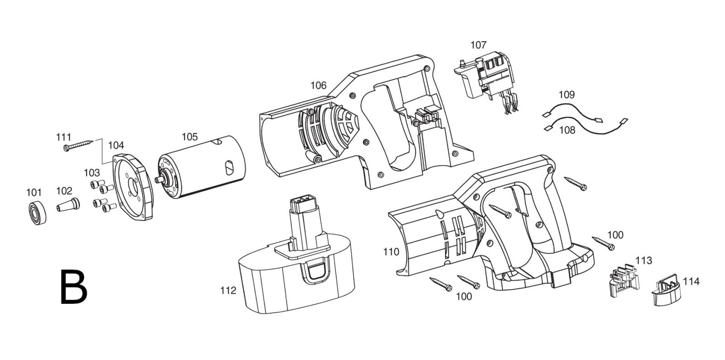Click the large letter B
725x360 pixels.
coord(73,287)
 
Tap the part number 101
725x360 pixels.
coord(34,193)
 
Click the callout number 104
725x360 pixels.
coord(116,146)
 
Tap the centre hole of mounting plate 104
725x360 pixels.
coord(132,186)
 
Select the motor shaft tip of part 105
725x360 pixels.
coord(158,180)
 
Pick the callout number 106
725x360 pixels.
coord(319,86)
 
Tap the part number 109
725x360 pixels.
coord(567,95)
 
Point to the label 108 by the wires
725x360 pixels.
coord(567,130)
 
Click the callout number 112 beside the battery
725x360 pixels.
coord(228,291)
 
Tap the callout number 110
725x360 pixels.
coord(391,252)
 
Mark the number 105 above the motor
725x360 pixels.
coord(190,136)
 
